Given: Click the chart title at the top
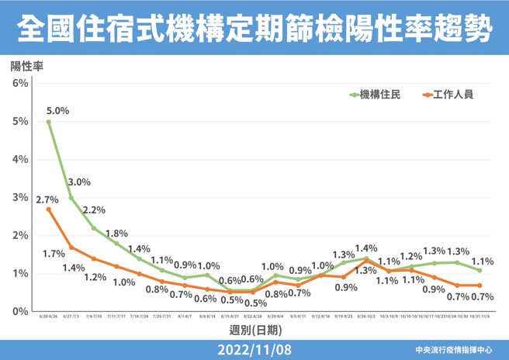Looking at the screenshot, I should pos(254,29).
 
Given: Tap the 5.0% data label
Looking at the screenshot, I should pos(57,111).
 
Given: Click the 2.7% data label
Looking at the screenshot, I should pos(48,199).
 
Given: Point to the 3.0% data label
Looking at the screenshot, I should pos(79,182).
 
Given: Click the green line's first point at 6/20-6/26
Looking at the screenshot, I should pos(48,121).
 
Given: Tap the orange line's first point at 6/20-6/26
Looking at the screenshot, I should pos(48,209).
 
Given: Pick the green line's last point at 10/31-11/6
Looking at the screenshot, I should pos(480,270).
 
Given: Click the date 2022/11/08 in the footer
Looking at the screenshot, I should pos(255,349).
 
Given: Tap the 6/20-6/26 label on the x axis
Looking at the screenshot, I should pos(48,317).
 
